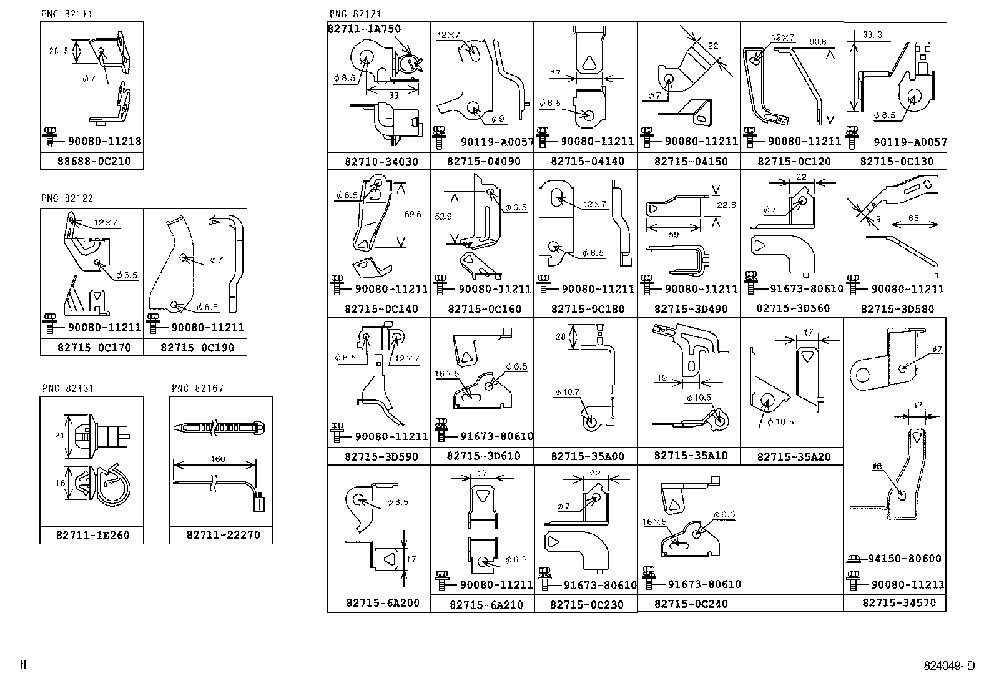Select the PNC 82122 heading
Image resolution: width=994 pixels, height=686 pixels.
point(67,198)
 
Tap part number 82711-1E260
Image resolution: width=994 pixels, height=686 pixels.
point(92,536)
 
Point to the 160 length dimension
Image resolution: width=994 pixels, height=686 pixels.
point(218,459)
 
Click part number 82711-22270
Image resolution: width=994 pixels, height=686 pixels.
point(223,535)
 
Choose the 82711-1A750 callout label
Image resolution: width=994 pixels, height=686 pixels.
point(364,29)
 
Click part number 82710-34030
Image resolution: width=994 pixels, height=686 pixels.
point(381,162)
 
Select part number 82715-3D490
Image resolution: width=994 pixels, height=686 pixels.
point(691,309)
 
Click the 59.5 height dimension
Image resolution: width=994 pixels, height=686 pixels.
point(413,214)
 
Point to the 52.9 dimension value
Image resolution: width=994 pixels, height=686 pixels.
point(443,216)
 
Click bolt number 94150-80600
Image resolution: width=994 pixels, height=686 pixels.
point(904,559)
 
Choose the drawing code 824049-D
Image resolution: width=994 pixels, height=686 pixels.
point(949,666)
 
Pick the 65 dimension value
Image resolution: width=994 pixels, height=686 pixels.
point(914,218)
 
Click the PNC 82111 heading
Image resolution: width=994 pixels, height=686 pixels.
point(67,14)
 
